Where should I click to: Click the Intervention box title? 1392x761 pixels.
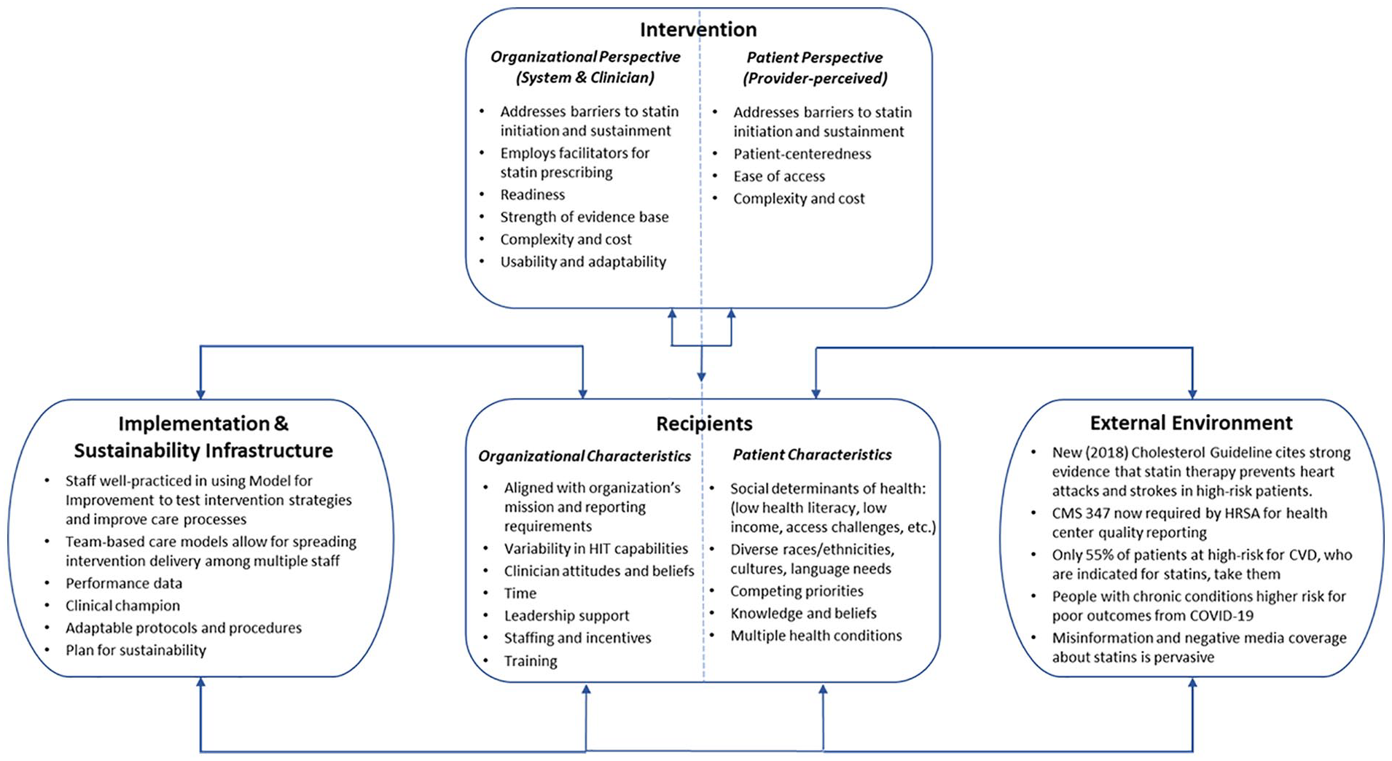[698, 29]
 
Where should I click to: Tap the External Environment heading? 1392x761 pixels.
[1191, 423]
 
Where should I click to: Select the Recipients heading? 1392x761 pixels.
[704, 424]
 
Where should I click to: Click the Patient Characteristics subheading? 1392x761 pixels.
[812, 455]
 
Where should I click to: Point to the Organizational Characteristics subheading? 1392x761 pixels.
[584, 456]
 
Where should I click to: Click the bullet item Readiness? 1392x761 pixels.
[532, 195]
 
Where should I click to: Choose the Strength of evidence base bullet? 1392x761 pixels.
[584, 217]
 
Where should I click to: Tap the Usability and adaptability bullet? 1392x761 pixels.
[583, 262]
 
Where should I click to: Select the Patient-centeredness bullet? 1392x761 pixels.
[802, 154]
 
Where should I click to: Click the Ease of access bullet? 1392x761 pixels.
[779, 176]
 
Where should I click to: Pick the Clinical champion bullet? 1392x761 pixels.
[122, 606]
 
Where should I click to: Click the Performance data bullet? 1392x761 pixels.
[124, 583]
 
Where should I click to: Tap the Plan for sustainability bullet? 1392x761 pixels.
[136, 650]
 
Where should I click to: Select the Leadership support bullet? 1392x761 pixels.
[566, 616]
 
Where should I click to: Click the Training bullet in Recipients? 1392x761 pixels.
[531, 661]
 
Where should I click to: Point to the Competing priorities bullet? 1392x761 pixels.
[797, 591]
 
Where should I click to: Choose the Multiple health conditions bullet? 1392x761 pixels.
[816, 636]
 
